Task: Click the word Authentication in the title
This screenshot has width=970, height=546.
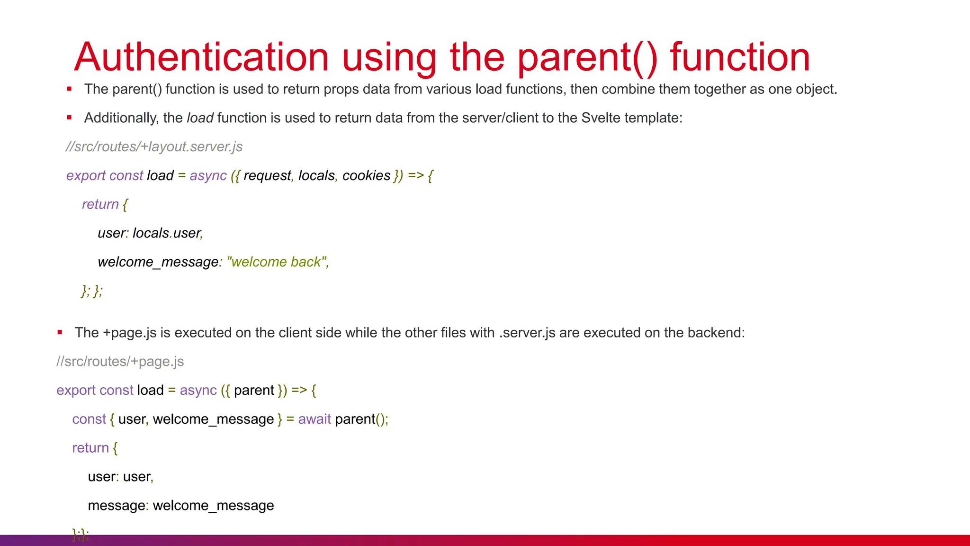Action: tap(201, 57)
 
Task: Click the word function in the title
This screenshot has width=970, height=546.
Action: tap(740, 57)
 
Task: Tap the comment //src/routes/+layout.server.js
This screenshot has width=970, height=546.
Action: tap(154, 147)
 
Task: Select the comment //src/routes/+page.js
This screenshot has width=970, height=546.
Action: tap(120, 362)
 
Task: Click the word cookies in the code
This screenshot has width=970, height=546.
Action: tap(366, 176)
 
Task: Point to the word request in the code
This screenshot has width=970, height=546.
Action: tap(268, 176)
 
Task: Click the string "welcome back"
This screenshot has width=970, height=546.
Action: tap(277, 262)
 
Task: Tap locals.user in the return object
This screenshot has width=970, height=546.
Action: tap(167, 233)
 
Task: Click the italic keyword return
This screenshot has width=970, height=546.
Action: tap(100, 204)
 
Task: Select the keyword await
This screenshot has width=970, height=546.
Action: tap(314, 419)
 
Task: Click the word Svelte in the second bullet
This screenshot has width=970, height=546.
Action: tap(601, 118)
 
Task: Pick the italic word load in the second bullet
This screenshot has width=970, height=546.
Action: tap(200, 118)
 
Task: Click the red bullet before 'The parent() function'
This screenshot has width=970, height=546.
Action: tap(69, 89)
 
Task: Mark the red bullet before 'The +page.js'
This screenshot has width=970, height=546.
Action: tap(60, 332)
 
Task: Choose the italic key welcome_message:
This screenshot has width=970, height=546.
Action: tap(160, 262)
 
